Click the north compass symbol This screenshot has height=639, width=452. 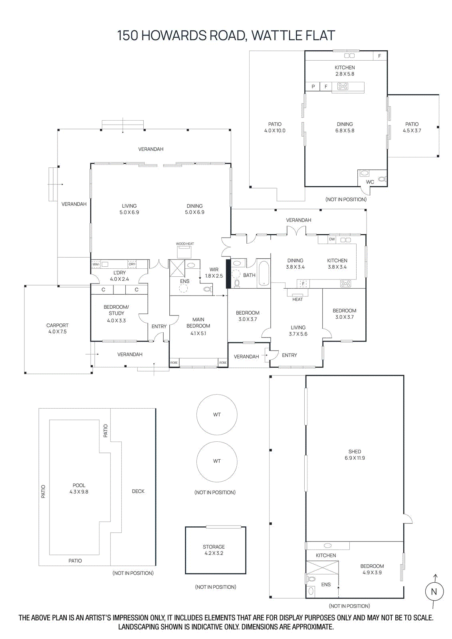pyautogui.click(x=434, y=591)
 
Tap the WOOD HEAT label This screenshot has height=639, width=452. pyautogui.click(x=185, y=244)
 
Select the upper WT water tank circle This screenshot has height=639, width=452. pyautogui.click(x=217, y=415)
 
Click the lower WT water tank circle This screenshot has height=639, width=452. pyautogui.click(x=217, y=461)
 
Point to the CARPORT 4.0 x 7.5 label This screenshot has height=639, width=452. pyautogui.click(x=57, y=328)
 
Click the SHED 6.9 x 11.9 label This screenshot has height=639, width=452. pyautogui.click(x=355, y=454)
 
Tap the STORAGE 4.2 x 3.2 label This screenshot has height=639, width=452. pyautogui.click(x=214, y=550)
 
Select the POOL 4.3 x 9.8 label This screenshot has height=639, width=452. pyautogui.click(x=79, y=488)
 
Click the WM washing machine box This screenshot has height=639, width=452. pyautogui.click(x=96, y=264)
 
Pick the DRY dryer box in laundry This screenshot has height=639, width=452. pyautogui.click(x=132, y=264)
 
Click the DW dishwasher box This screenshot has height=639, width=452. pyautogui.click(x=332, y=239)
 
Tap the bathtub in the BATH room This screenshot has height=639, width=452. pyautogui.click(x=264, y=273)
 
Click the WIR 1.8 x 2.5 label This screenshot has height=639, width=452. pyautogui.click(x=214, y=273)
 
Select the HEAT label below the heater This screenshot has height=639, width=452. pyautogui.click(x=297, y=300)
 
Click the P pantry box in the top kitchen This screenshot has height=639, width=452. pyautogui.click(x=313, y=87)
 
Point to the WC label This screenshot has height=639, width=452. pyautogui.click(x=370, y=182)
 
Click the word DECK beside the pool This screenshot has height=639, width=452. pyautogui.click(x=138, y=491)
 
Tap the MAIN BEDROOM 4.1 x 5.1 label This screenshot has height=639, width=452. pyautogui.click(x=198, y=326)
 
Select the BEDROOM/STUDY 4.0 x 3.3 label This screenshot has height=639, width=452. pyautogui.click(x=116, y=314)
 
